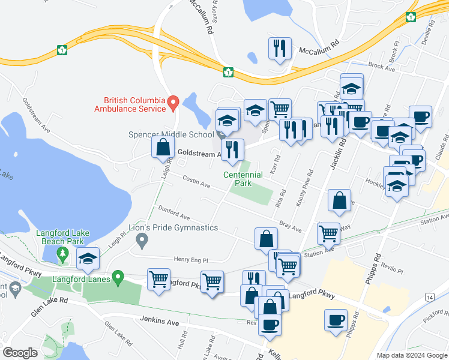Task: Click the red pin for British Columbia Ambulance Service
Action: point(173,103)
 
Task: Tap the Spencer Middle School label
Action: point(171,134)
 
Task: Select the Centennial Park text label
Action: point(243,179)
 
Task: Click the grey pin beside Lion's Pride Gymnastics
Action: point(142,241)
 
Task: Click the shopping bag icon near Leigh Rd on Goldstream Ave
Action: point(164,147)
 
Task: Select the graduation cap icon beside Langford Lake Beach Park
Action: point(88,259)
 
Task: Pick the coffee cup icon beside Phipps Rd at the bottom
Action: point(336,320)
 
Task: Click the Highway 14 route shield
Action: point(429,297)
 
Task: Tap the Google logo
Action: point(20,353)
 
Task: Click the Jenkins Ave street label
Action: point(160,322)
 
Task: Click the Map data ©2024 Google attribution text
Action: point(411,355)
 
